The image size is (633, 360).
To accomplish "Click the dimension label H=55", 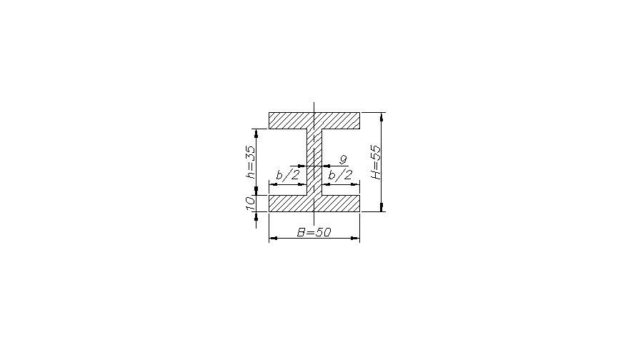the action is click(376, 162).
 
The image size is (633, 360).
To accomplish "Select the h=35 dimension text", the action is click(251, 162).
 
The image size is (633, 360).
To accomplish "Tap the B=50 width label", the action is click(314, 232).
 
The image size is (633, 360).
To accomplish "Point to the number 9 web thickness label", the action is click(343, 160).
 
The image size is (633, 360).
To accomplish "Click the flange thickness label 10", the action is click(251, 203).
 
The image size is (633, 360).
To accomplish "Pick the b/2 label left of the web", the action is click(288, 175).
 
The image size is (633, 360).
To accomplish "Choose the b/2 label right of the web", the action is click(340, 175).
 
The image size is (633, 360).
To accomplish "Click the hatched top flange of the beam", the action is click(314, 121).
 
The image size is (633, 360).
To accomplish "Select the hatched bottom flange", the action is click(314, 204).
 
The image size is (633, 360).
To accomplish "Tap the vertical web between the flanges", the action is click(314, 162).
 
